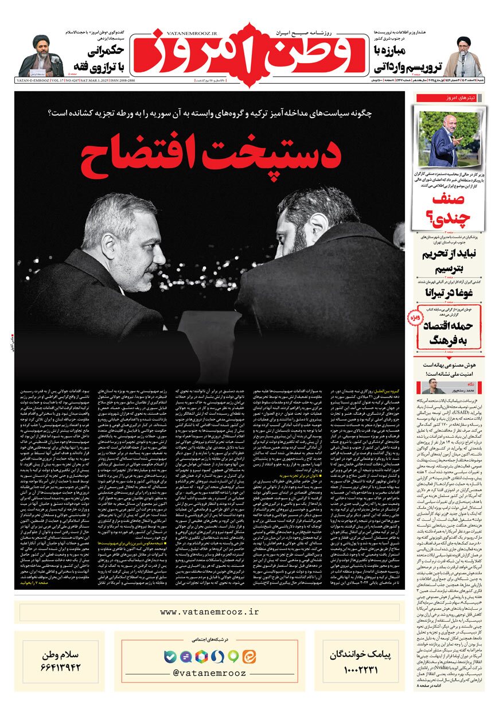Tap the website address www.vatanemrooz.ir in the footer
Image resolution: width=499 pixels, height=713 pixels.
pyautogui.click(x=209, y=612)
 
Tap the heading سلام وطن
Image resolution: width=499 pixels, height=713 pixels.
pyautogui.click(x=60, y=652)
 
